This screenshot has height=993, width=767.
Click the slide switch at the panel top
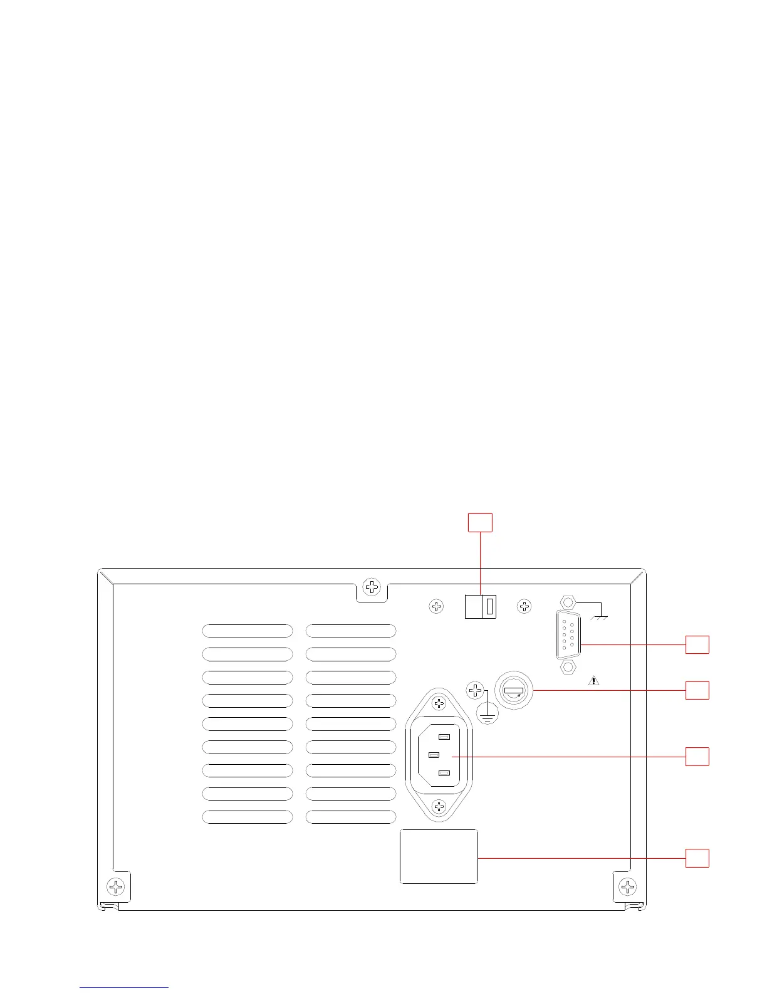click(x=481, y=606)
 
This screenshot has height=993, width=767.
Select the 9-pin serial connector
click(x=568, y=635)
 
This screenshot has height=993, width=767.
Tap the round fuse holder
click(x=513, y=691)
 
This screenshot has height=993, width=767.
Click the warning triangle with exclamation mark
click(x=594, y=680)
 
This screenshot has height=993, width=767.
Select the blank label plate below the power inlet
click(x=439, y=856)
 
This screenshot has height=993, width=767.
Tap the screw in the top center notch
click(x=372, y=587)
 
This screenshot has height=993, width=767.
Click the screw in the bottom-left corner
click(x=116, y=886)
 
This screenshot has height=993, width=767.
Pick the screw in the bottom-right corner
click(x=627, y=886)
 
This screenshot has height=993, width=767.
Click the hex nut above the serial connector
click(x=568, y=602)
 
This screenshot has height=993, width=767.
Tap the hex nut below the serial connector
click(x=568, y=667)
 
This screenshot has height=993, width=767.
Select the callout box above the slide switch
click(x=480, y=522)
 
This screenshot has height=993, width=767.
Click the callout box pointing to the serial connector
click(x=697, y=644)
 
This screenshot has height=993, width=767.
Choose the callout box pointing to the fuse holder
click(x=697, y=690)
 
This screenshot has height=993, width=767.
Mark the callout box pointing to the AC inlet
click(x=697, y=756)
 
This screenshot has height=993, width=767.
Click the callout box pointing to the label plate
click(x=697, y=858)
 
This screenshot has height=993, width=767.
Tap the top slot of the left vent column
click(x=248, y=631)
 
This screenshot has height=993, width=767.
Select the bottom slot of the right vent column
click(x=351, y=817)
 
